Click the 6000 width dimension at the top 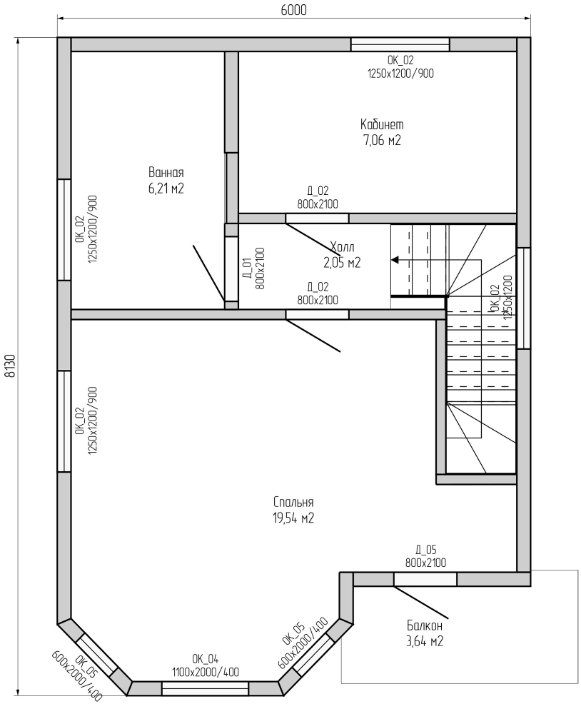click(x=293, y=10)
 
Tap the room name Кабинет click(x=382, y=124)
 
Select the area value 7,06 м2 click(x=382, y=140)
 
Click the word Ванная click(x=166, y=173)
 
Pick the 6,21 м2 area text click(x=166, y=188)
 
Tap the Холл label click(x=343, y=247)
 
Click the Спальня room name click(x=293, y=502)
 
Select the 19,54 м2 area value click(x=293, y=518)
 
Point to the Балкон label click(x=425, y=625)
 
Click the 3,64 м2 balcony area click(x=425, y=641)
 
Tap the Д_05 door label click(x=425, y=550)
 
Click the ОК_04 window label click(x=206, y=659)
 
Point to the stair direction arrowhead click(x=395, y=260)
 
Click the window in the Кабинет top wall click(x=400, y=44)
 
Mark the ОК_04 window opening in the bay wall click(x=206, y=688)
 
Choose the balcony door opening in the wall click(x=425, y=579)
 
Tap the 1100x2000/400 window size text click(x=206, y=672)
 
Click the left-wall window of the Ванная click(x=64, y=229)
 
